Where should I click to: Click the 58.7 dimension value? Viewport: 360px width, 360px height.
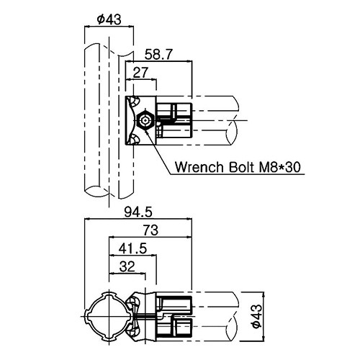(x=158, y=55)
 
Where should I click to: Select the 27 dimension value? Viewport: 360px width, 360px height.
(x=140, y=73)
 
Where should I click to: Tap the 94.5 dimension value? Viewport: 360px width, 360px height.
(x=138, y=212)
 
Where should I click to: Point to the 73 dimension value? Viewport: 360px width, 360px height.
(x=150, y=230)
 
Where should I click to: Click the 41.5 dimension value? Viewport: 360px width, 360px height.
(x=132, y=248)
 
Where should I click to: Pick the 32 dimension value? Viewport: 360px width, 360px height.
(x=127, y=266)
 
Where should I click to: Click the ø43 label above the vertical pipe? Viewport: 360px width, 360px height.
(x=109, y=19)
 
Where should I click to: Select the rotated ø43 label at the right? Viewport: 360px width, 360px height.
(x=256, y=316)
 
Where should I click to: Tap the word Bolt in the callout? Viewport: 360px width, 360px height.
(x=241, y=167)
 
